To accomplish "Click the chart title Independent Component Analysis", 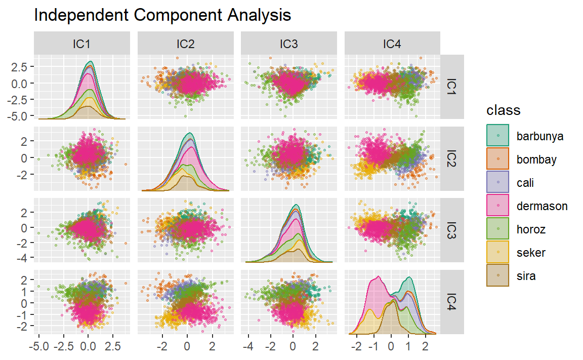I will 162,15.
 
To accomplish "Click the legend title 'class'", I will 503,110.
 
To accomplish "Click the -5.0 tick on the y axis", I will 20,116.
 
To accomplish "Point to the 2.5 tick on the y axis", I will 21,66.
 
